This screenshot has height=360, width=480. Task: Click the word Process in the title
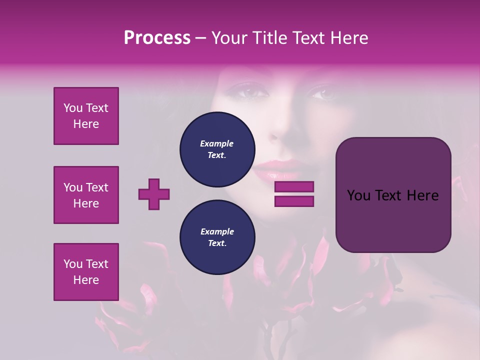point(157,38)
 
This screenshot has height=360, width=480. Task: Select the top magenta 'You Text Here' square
point(86,116)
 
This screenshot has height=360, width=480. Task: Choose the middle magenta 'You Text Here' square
point(86,195)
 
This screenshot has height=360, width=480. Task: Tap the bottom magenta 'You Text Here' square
point(86,272)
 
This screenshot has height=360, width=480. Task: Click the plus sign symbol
point(154,194)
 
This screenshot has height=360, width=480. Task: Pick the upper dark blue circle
point(217,149)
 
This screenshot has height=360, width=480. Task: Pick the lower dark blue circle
point(217,237)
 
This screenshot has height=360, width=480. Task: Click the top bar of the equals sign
point(294,186)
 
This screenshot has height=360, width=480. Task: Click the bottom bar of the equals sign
point(294,201)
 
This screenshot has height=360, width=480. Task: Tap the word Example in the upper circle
point(216,143)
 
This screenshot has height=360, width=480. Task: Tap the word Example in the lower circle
point(217,231)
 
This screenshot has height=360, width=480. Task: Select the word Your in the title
point(230,38)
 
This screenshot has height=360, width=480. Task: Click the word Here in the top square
point(86,124)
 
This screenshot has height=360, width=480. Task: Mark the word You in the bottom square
point(73,264)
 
